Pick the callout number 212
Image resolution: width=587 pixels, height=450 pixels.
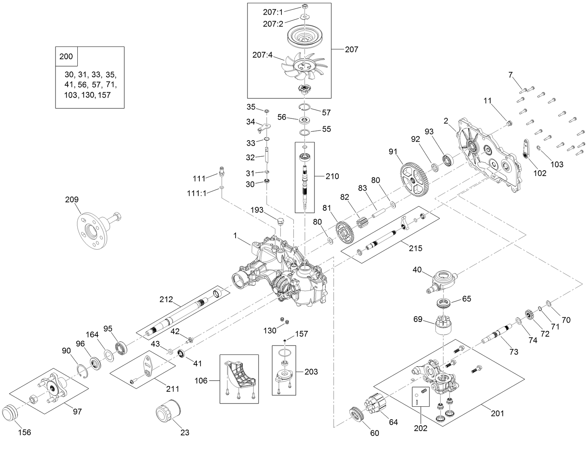tap(167, 299)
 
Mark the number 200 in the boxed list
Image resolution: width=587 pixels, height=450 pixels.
tap(66, 57)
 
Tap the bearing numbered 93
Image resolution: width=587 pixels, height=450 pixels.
tap(448, 160)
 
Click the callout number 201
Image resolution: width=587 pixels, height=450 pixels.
tap(497, 413)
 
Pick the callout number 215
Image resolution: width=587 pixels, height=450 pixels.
tap(416, 248)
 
